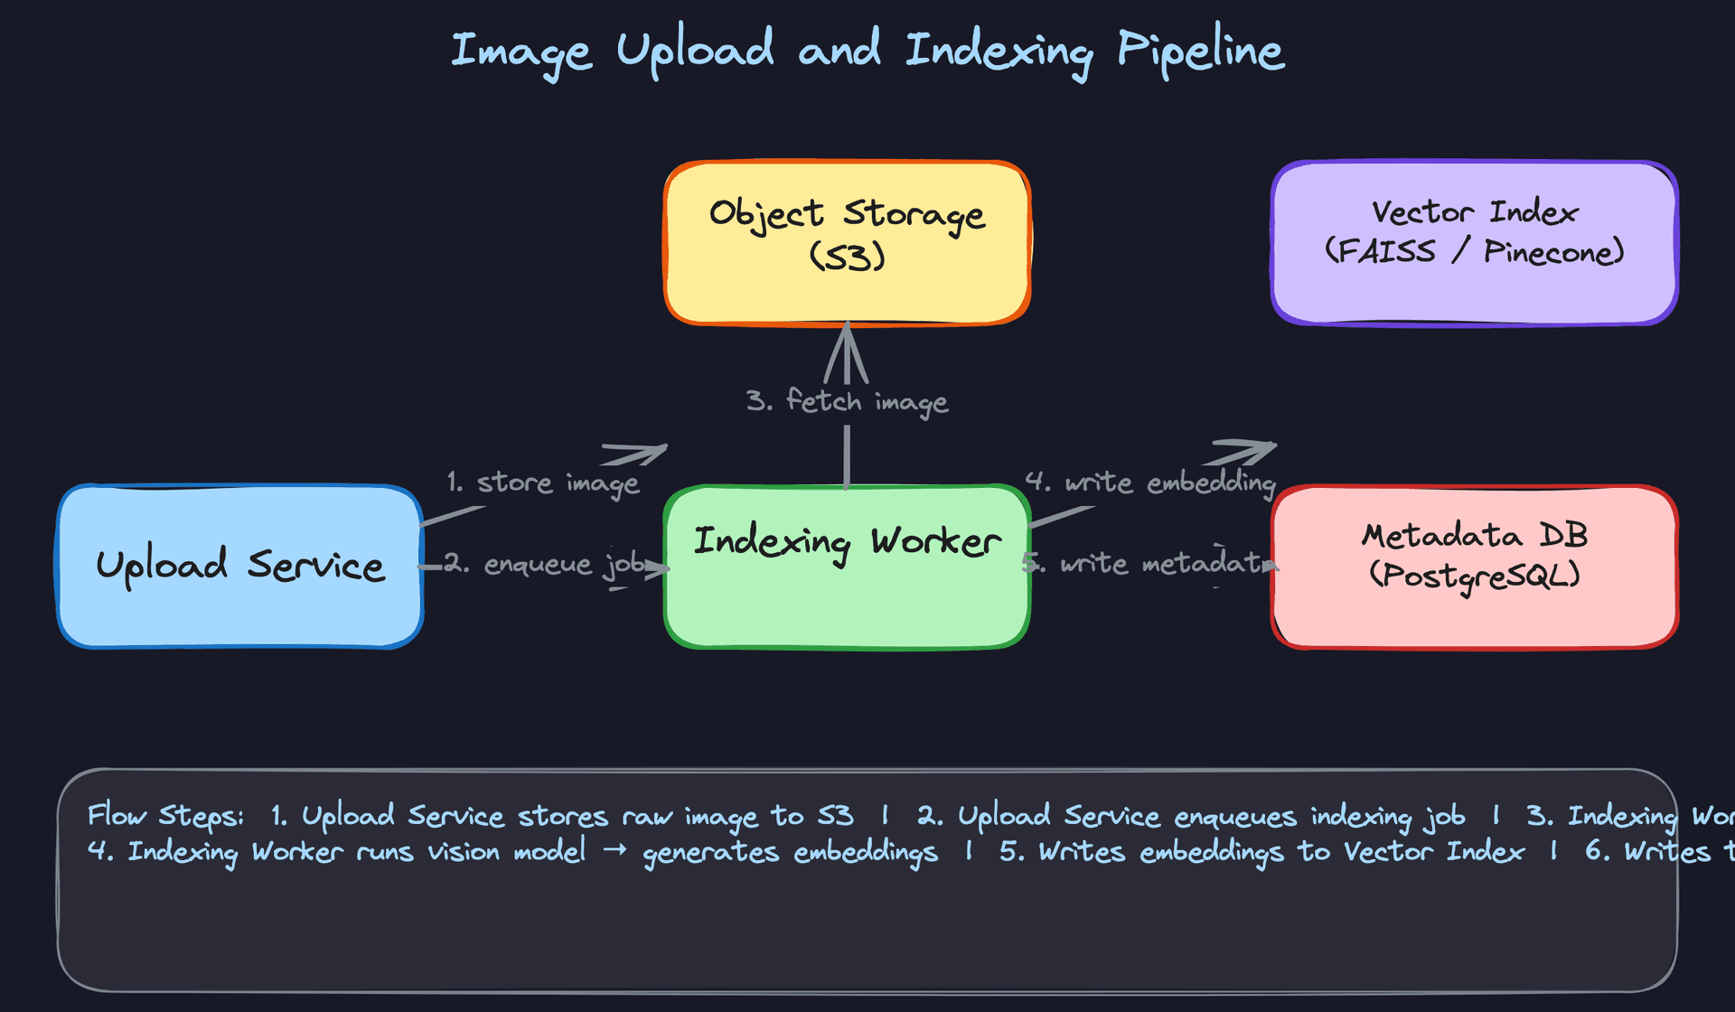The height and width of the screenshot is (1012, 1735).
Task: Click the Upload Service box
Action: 239,567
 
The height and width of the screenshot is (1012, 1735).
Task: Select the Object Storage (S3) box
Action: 847,242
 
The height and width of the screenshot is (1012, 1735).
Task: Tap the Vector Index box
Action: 1474,242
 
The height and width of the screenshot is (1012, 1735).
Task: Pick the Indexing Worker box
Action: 847,567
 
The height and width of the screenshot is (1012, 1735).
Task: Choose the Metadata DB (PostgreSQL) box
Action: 1474,567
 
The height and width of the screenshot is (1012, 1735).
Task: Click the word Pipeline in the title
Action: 1200,51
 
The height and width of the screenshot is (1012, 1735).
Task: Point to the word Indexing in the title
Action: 999,51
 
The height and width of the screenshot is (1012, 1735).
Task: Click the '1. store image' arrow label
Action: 542,483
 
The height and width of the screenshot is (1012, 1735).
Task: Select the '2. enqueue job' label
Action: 544,565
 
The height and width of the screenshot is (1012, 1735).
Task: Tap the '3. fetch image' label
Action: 847,400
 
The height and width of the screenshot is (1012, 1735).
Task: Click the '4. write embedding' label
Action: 1150,483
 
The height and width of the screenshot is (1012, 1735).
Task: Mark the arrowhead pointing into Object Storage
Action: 847,348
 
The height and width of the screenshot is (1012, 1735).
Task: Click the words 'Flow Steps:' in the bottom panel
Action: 165,816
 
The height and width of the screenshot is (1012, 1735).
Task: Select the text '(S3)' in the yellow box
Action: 847,257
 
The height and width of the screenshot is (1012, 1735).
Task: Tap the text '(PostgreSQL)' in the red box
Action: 1474,576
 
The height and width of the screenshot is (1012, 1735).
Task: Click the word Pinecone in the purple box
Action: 1552,252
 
